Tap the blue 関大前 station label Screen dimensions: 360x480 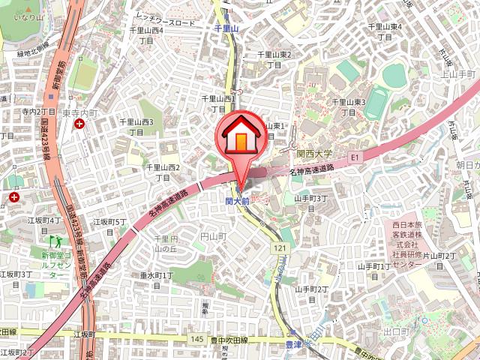tap(237, 201)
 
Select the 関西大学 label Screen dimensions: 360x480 tap(314, 151)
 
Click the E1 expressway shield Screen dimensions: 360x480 tap(355, 157)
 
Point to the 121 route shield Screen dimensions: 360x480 tap(279, 247)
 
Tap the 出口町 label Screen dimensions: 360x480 tap(394, 331)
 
